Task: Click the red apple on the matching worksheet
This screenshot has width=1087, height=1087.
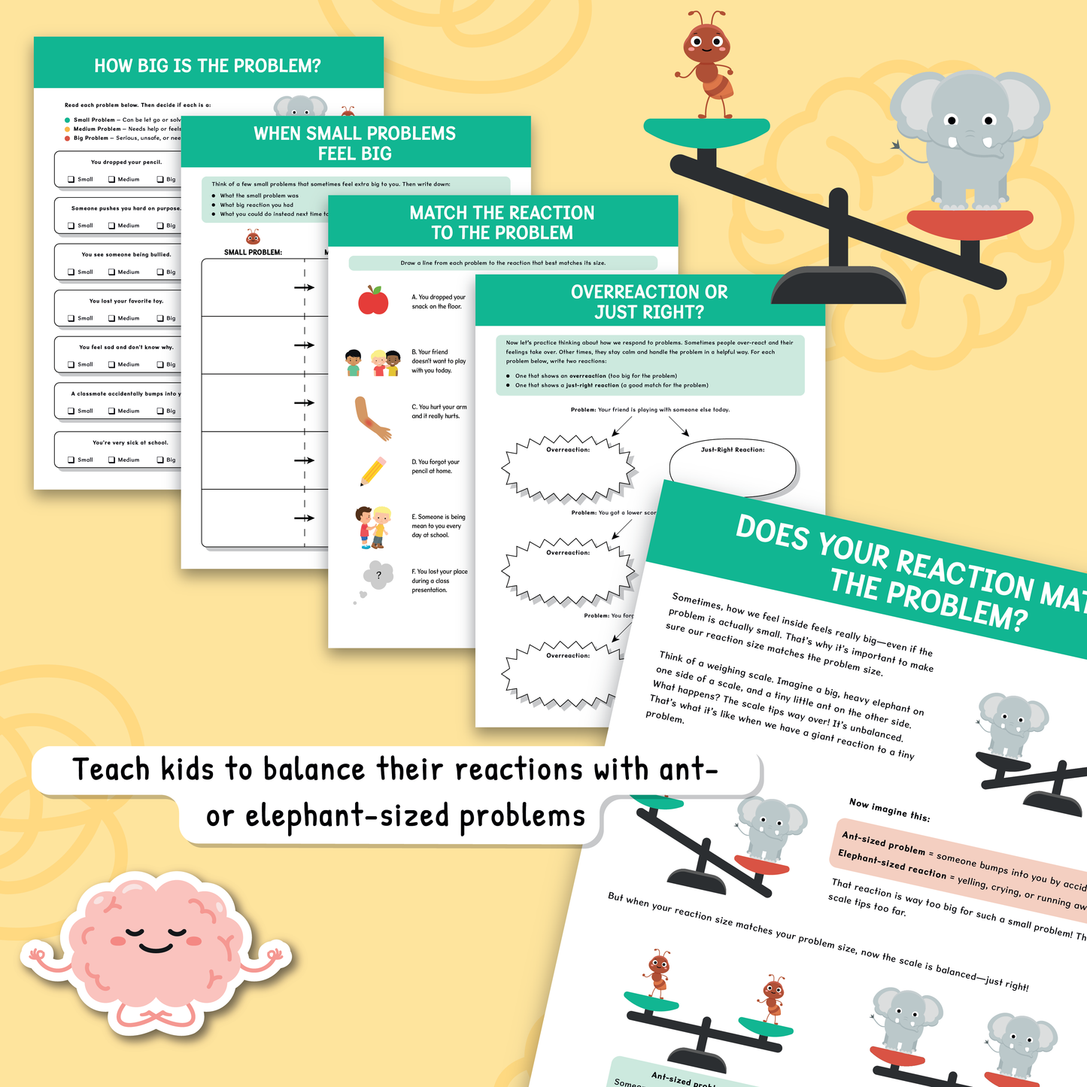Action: (x=373, y=300)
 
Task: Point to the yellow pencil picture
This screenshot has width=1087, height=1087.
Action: (x=373, y=471)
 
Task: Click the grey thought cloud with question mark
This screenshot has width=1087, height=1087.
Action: (x=378, y=576)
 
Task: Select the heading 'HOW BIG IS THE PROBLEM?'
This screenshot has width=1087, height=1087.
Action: (x=208, y=66)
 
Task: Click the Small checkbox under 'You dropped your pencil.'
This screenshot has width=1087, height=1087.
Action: (x=71, y=179)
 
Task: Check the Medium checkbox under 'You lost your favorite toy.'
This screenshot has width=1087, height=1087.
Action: (x=111, y=318)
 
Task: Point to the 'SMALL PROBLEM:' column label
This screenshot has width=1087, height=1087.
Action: (x=253, y=252)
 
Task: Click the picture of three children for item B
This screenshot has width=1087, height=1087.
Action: (x=373, y=363)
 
